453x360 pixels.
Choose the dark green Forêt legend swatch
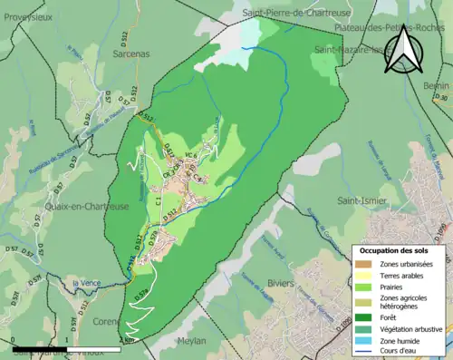pos(367,316)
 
